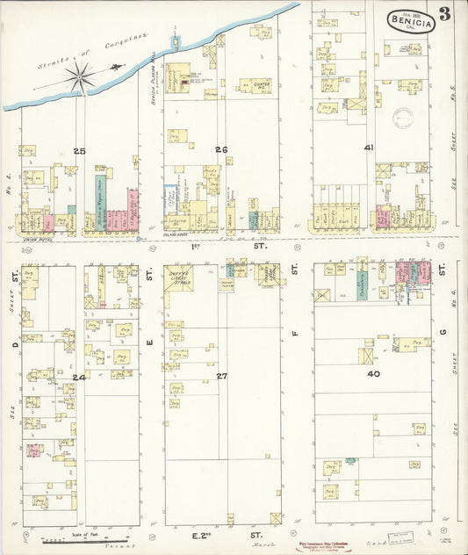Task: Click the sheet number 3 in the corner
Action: click(446, 14)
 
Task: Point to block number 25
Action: click(80, 152)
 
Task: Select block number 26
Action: click(221, 149)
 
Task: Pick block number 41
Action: click(370, 148)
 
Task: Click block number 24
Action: click(80, 377)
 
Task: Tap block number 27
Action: click(222, 376)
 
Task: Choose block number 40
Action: click(374, 374)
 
